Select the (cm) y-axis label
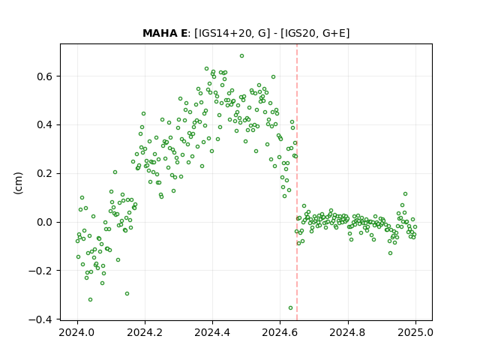18,183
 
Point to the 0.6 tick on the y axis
45,76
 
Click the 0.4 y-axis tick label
45,125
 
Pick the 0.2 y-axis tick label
45,173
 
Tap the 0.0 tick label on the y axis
45,222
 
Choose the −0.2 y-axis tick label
40,271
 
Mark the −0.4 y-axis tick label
40,319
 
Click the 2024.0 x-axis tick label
76,332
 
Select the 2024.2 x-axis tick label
145,332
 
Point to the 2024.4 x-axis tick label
212,332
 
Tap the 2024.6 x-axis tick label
280,332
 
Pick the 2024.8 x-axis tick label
347,332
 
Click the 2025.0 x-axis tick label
415,332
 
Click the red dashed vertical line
297,182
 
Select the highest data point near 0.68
241,56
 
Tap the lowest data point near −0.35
290,308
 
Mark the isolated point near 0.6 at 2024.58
273,77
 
